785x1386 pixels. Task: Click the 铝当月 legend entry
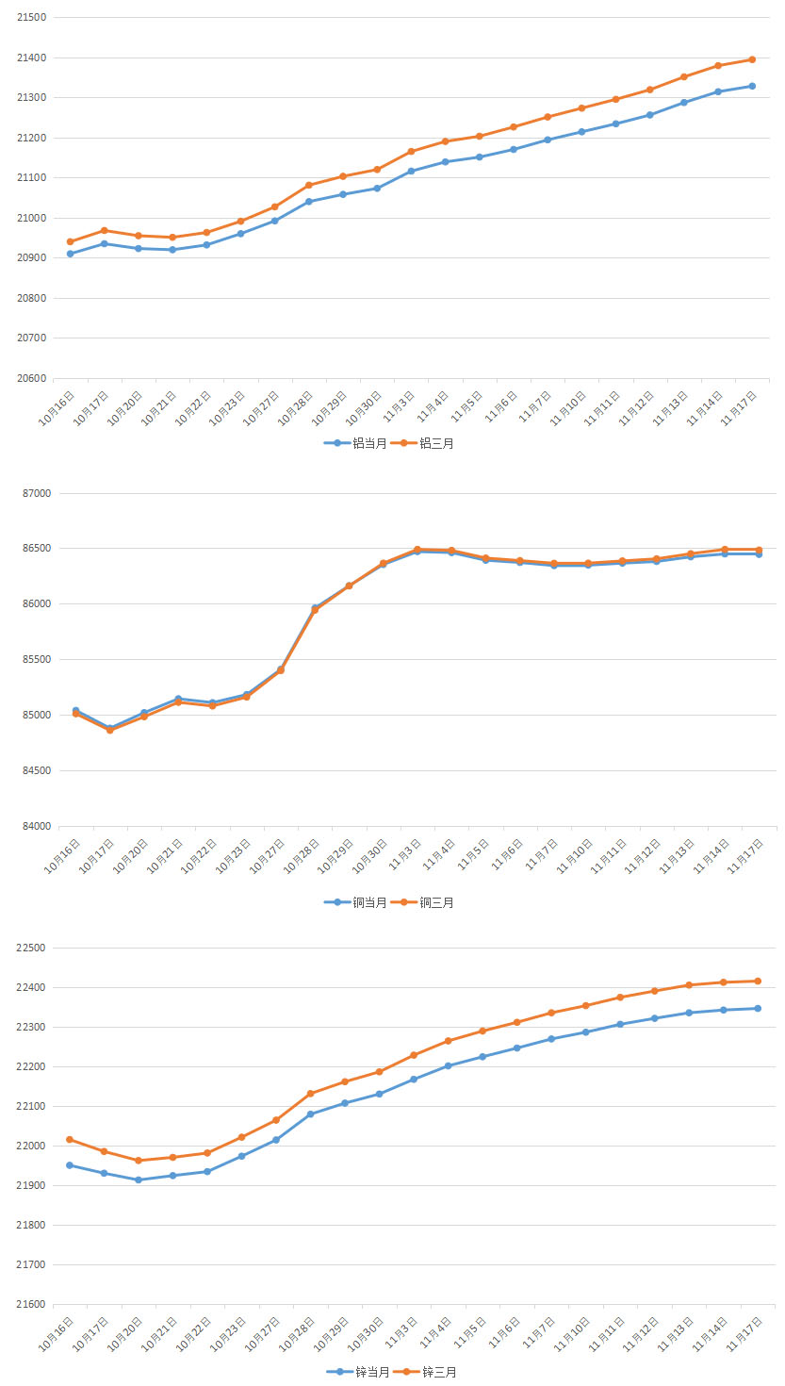[x=355, y=442]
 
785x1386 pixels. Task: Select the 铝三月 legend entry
[x=422, y=442]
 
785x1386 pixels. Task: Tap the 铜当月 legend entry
[x=355, y=902]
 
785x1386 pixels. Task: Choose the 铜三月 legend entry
[x=422, y=902]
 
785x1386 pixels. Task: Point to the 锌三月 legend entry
[x=425, y=1372]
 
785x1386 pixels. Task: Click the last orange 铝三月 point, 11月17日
[x=752, y=59]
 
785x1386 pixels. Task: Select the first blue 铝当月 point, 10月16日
[x=70, y=254]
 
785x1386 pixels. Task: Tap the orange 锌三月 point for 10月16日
[x=70, y=1139]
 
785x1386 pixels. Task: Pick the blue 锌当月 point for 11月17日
[x=758, y=1008]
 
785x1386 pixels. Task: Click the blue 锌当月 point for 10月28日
[x=310, y=1114]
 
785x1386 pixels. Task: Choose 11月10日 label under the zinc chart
[x=573, y=1335]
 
